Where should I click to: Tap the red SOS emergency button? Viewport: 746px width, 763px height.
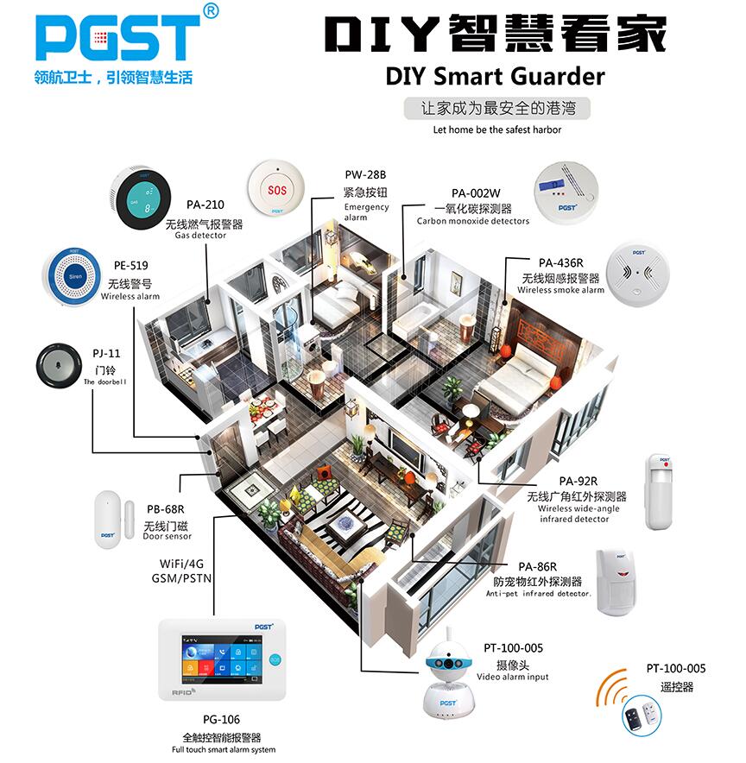click(x=277, y=187)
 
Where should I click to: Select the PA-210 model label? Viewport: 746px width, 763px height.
click(x=205, y=205)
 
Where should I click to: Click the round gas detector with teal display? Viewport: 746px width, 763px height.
click(x=142, y=197)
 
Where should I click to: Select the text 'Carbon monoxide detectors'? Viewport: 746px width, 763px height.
click(x=473, y=221)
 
